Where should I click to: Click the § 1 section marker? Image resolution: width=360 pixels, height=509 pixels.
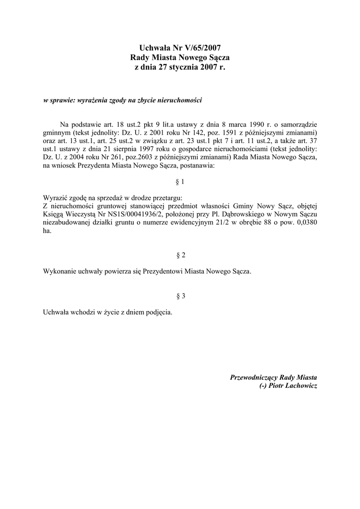(180, 182)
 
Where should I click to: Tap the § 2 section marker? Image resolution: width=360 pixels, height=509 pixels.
(180, 255)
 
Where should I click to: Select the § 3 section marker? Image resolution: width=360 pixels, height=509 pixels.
(180, 296)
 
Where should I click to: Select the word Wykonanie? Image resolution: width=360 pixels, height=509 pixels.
(60, 272)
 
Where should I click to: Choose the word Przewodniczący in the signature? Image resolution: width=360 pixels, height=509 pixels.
(254, 378)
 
